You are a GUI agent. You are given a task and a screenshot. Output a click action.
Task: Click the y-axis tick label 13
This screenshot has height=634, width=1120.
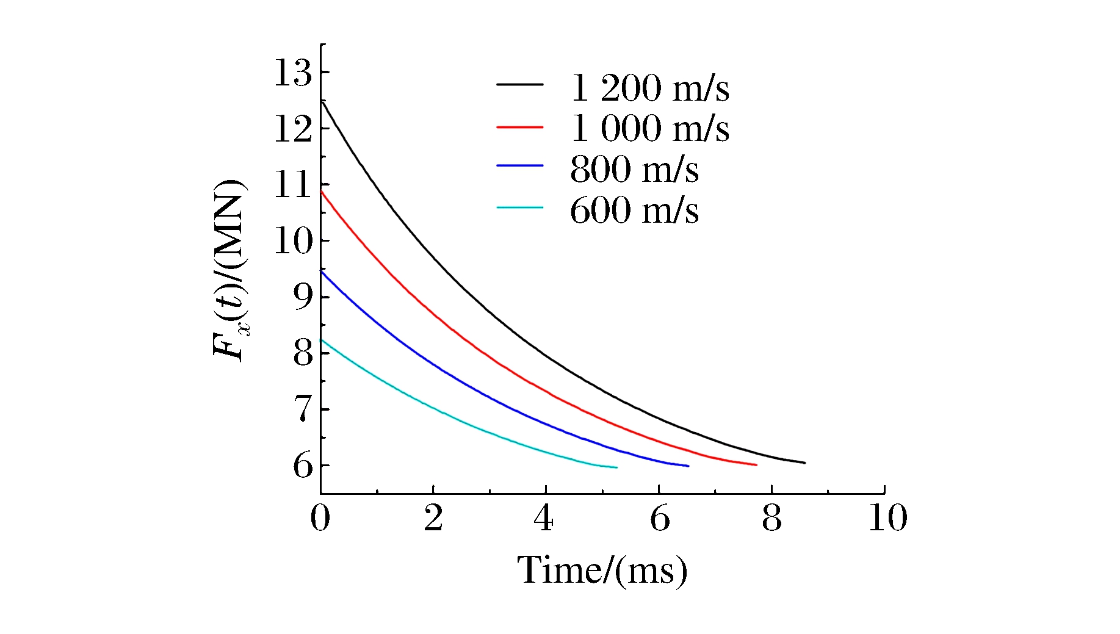[x=292, y=73]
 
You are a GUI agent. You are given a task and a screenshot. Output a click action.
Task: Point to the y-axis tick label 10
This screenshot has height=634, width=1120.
[x=292, y=241]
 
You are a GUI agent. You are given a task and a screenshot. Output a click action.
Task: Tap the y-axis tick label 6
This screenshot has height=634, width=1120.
[x=303, y=466]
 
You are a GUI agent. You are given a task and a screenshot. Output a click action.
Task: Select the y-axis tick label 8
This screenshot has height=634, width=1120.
[x=303, y=353]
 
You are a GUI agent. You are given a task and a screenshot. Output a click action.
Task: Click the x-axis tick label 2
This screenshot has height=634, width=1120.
[x=433, y=518]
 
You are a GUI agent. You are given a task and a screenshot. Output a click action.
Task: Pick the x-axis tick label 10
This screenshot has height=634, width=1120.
[x=887, y=518]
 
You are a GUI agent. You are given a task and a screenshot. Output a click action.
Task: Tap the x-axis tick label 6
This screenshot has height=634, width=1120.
[x=659, y=518]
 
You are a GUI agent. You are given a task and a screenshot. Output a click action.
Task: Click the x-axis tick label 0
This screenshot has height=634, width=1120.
[x=320, y=518]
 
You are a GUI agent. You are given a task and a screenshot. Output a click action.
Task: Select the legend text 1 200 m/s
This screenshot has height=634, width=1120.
[x=649, y=88]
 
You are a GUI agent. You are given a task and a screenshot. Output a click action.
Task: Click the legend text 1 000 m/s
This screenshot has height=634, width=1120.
[x=649, y=129]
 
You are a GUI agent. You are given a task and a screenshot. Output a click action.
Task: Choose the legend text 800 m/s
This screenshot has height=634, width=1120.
[x=634, y=169]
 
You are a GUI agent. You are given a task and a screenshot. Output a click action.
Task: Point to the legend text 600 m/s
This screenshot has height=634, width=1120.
[x=634, y=211]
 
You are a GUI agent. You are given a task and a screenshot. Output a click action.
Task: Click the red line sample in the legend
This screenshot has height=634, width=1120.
[x=519, y=127]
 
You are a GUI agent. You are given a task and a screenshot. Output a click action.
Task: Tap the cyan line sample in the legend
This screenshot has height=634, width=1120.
[x=519, y=208]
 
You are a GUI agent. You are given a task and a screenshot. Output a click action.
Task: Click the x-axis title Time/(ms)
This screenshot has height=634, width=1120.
[x=602, y=571]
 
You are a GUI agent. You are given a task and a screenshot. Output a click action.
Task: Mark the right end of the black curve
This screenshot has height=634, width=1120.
[x=804, y=463]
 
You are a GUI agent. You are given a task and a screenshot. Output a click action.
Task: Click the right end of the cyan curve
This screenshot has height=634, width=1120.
[x=616, y=467]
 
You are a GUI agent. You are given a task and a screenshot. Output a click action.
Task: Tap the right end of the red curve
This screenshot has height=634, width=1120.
[x=756, y=465]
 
